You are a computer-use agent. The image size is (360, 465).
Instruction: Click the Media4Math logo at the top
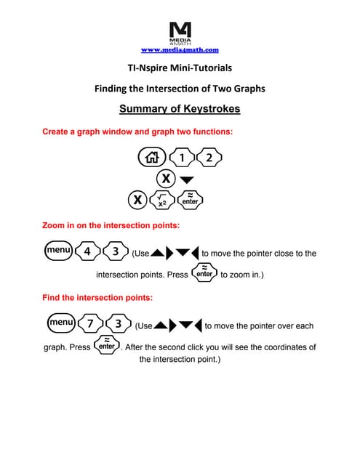coord(180,33)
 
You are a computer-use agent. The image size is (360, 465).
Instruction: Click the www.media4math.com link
coord(180,50)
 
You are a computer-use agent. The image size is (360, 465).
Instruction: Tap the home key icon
coord(152,157)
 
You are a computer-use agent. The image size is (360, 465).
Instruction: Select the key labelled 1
coord(182,157)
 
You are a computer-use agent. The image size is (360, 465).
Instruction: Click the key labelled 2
coord(209,157)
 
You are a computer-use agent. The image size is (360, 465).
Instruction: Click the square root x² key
coord(162,201)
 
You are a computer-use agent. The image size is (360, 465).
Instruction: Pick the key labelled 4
coord(87,251)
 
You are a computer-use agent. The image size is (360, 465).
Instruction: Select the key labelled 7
coord(90,323)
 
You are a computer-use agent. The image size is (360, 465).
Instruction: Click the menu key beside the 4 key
coord(58,251)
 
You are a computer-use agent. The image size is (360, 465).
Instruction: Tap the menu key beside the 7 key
coord(61,323)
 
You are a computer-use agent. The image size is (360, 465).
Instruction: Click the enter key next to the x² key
coord(191,201)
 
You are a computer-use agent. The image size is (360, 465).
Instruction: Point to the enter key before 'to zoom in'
coord(204,272)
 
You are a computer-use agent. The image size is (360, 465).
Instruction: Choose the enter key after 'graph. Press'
coord(107,345)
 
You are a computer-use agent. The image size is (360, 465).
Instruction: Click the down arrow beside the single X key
coord(187,179)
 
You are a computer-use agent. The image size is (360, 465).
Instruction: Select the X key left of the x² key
coord(137,200)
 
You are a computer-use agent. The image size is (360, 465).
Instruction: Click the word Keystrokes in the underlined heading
coord(212,109)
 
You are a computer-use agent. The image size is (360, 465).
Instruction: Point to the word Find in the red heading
coord(51,297)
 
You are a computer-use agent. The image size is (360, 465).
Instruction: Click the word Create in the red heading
coord(55,132)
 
